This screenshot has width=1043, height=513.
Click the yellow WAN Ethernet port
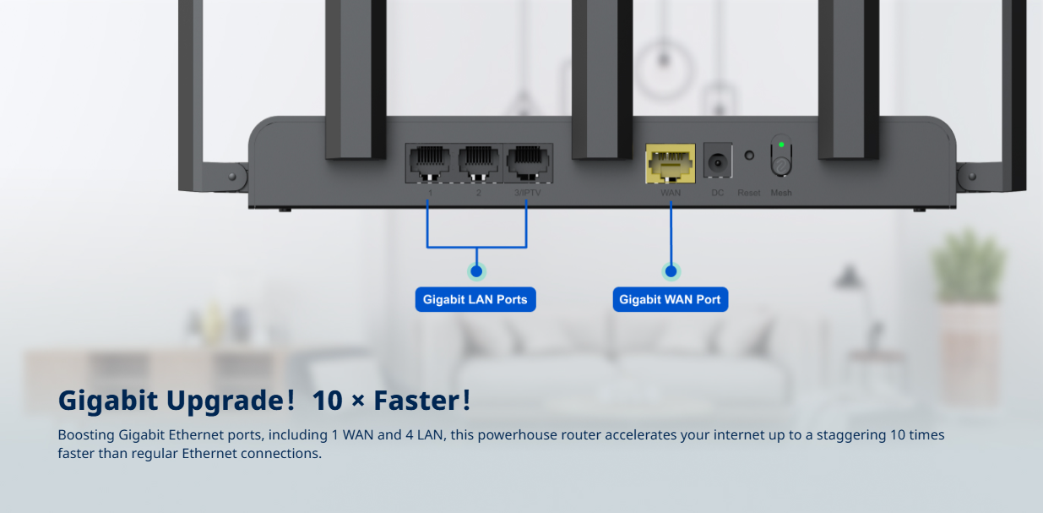670,163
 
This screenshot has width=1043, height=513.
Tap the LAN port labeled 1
429,163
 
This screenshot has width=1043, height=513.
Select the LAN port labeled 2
478,163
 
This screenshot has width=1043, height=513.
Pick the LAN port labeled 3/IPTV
528,163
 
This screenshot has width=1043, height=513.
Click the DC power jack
718,161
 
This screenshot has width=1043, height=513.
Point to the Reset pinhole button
749,156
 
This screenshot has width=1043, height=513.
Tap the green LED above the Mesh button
781,145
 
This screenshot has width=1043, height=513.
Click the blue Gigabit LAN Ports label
475,299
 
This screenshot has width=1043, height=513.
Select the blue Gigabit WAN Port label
671,299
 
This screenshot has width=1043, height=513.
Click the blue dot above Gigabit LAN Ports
476,271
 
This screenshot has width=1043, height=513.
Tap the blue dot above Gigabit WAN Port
671,271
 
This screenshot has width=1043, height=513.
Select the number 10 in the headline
328,401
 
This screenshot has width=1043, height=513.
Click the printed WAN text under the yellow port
671,193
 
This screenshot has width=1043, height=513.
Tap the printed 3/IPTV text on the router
528,193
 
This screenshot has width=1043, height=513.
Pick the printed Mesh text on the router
781,193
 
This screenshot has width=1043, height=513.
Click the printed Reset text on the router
749,193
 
